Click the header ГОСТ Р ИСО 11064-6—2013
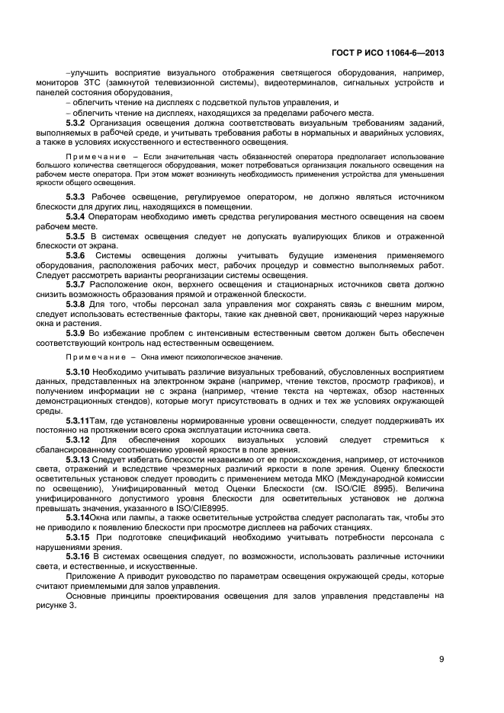click(388, 53)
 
